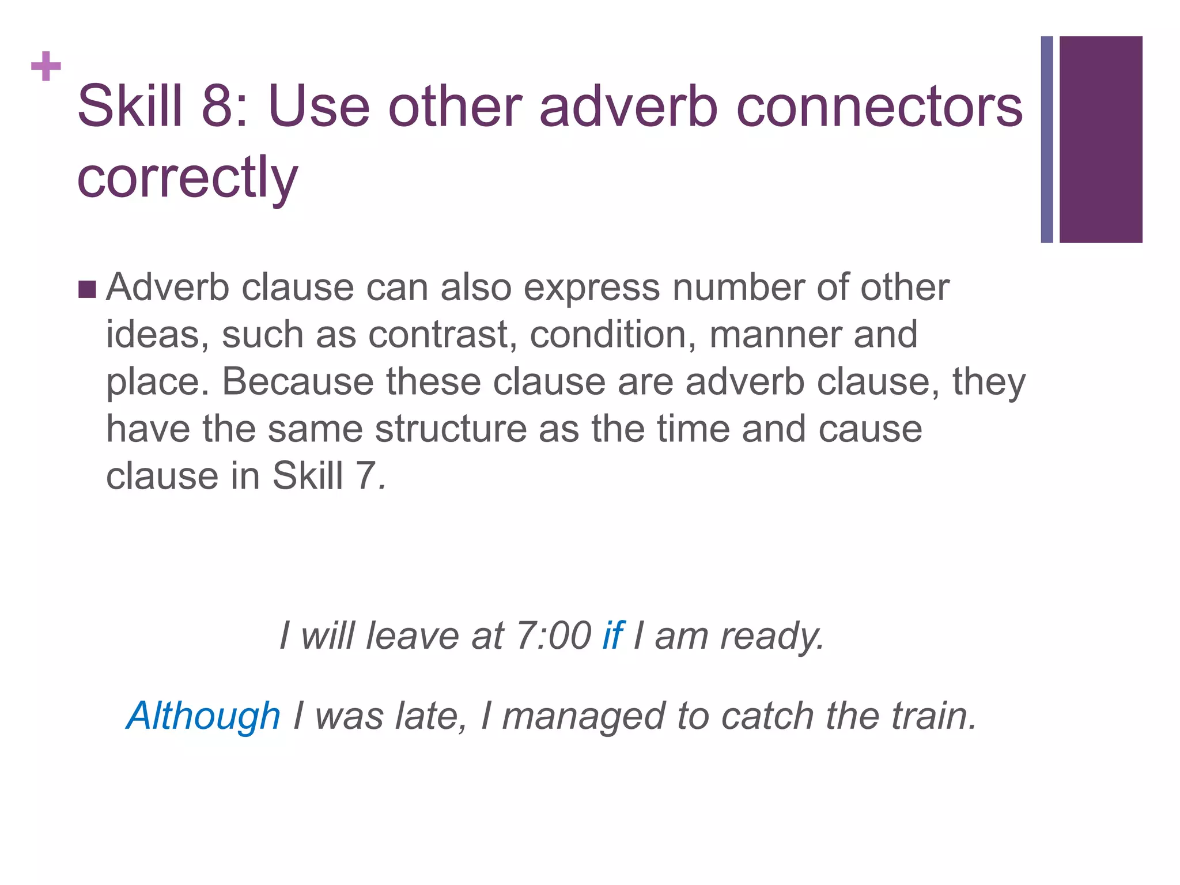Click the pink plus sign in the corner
(x=46, y=67)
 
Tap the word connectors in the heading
(x=879, y=107)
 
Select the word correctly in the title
(x=187, y=177)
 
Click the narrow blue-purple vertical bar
(x=1047, y=139)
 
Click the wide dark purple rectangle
(x=1100, y=139)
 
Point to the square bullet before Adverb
(x=87, y=289)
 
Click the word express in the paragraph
(x=591, y=288)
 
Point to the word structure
(x=451, y=429)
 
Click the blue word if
(x=612, y=636)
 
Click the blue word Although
(x=203, y=716)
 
